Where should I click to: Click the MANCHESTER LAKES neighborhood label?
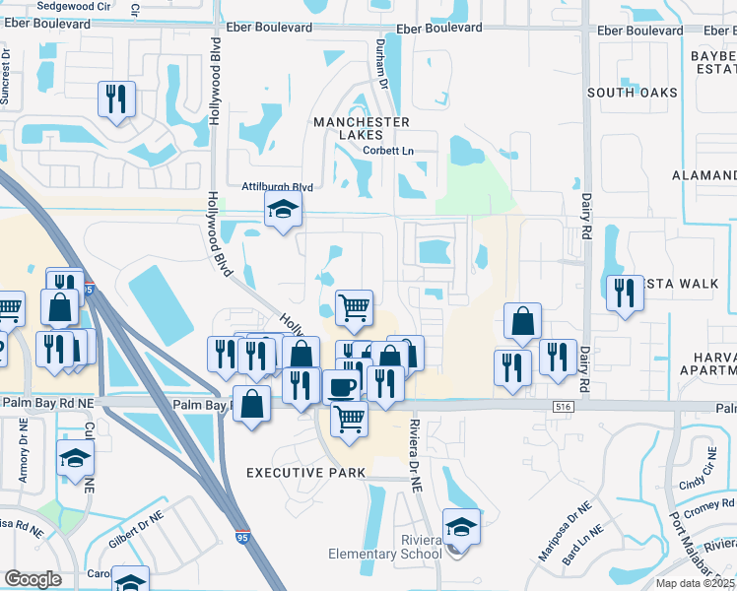361,128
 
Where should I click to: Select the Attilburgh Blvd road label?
277,187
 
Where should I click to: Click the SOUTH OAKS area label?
633,93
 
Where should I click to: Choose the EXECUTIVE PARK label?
305,473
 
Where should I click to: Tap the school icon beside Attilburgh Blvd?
283,210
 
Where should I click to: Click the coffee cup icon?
343,385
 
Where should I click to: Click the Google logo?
33,579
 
